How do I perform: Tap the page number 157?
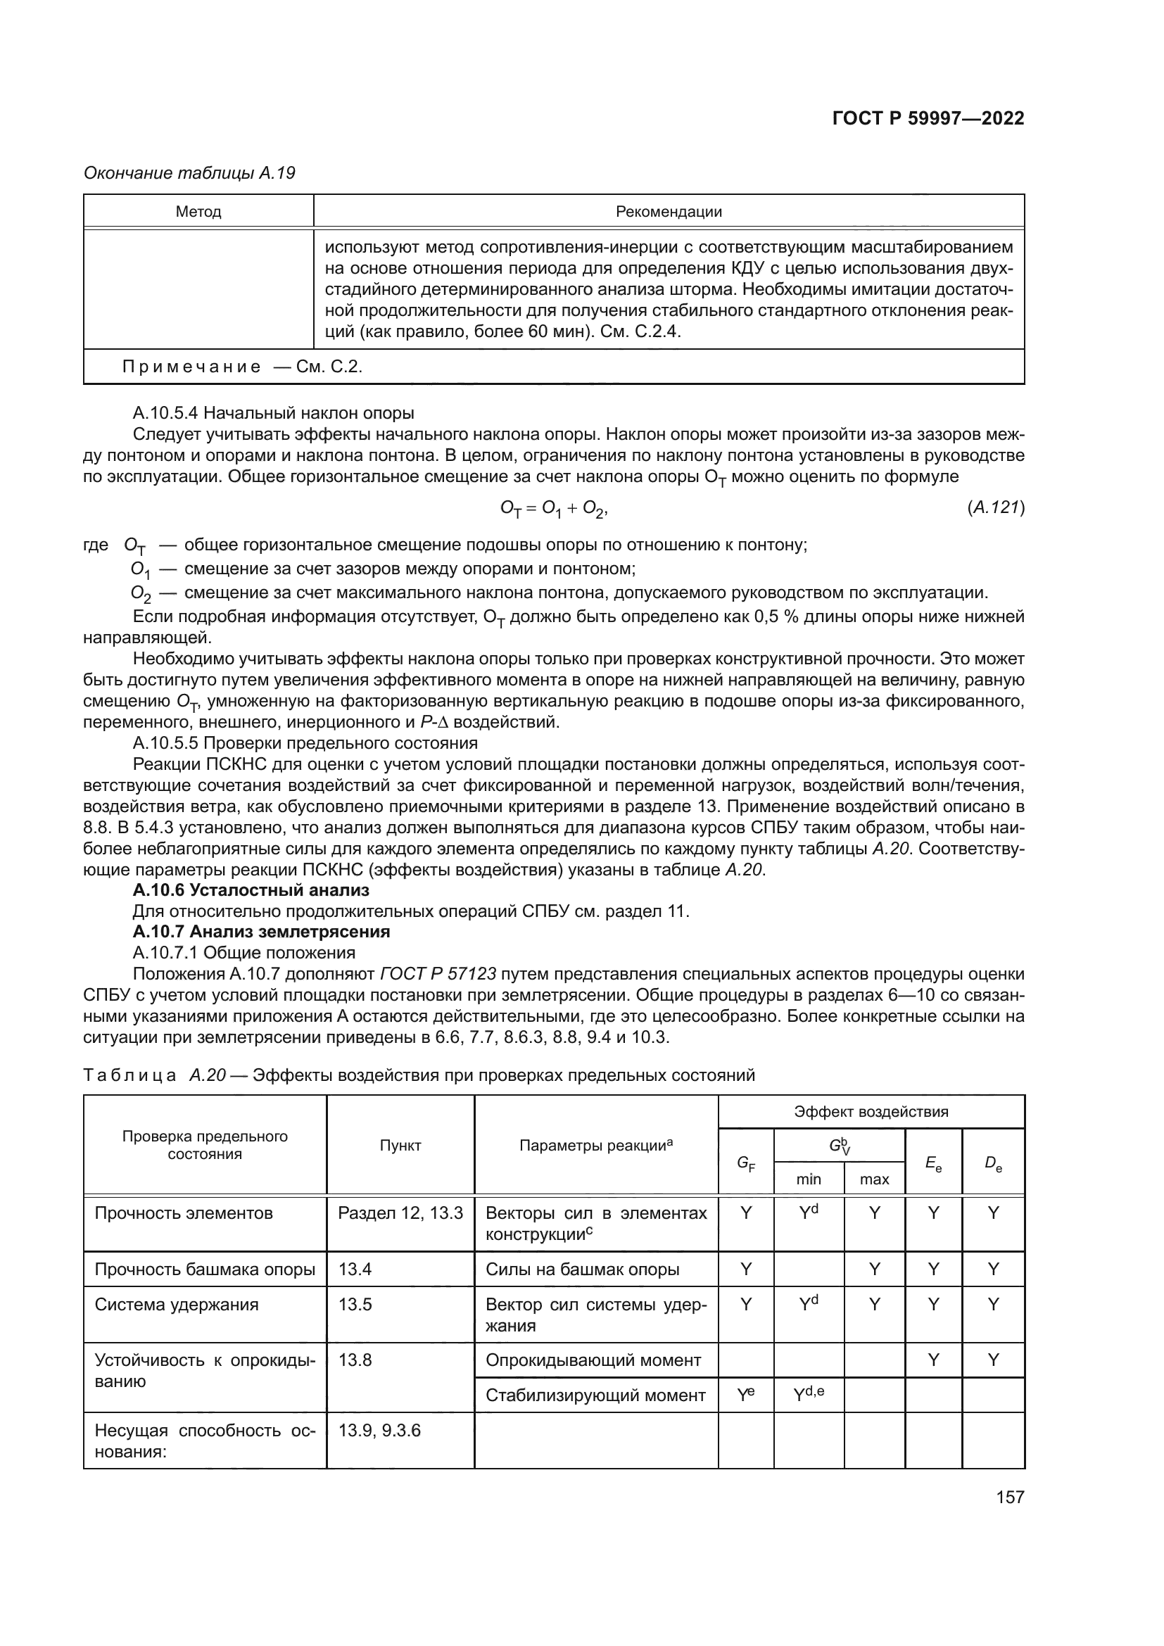point(1009,1496)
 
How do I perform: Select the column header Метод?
point(198,212)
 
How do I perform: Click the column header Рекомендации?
point(668,212)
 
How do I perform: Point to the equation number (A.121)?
point(996,508)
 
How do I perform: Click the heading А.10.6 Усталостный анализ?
point(251,890)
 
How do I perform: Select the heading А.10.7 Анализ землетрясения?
point(261,932)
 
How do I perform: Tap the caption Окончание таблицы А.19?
point(189,173)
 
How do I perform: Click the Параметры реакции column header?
point(595,1146)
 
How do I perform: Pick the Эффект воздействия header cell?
point(870,1112)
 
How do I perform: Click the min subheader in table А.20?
point(809,1179)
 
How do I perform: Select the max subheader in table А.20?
point(874,1179)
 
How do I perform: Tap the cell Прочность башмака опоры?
point(204,1270)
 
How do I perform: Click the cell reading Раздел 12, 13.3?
point(400,1213)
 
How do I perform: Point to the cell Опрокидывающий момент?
point(593,1361)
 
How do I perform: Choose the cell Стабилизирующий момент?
point(595,1395)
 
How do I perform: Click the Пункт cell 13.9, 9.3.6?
point(379,1430)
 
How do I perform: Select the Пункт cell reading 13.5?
point(355,1304)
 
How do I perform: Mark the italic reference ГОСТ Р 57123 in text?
point(437,974)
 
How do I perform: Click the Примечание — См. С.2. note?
point(242,367)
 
